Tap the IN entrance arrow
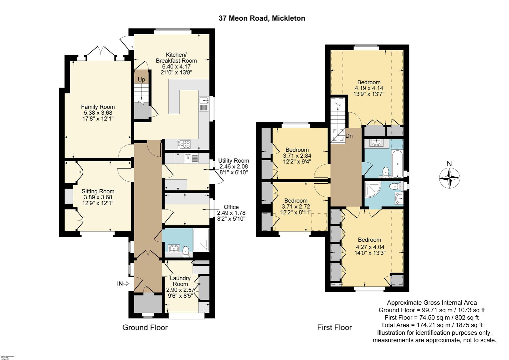pos(123,284)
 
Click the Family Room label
pos(98,107)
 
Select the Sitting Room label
pos(98,191)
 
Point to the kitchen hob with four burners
pos(185,144)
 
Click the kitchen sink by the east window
pos(203,104)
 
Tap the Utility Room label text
pos(234,161)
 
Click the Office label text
pos(231,207)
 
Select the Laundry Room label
pos(180,281)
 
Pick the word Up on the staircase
pos(142,80)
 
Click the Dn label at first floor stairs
pos(349,136)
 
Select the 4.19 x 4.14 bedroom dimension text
pos(369,88)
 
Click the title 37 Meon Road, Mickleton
pos(262,18)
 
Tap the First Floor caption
pos(334,328)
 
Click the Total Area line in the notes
pos(432,325)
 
